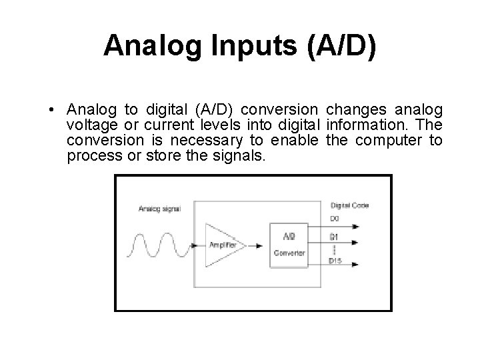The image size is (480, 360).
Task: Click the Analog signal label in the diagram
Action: (x=160, y=209)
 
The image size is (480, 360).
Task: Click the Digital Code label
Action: (x=349, y=205)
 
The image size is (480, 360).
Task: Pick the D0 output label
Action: (x=335, y=218)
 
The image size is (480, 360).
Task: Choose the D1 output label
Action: (x=335, y=236)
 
